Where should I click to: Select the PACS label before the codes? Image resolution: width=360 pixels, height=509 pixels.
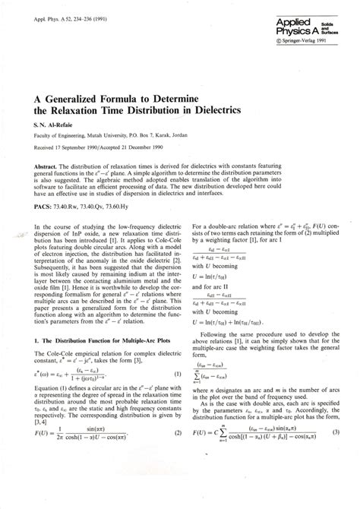pos(43,206)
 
